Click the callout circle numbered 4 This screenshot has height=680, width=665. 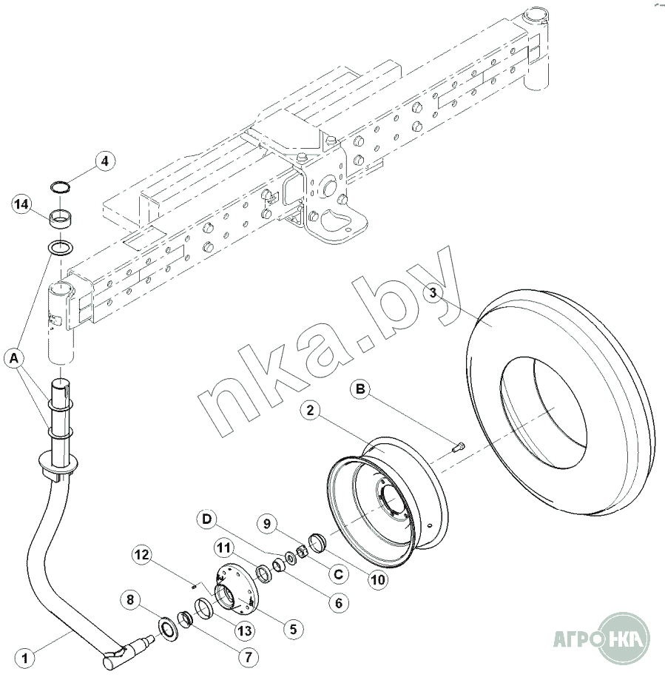point(104,162)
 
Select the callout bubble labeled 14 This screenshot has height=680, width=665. point(21,203)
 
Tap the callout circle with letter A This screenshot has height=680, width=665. point(14,358)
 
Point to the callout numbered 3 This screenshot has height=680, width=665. point(433,293)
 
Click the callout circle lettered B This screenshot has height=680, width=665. point(361,389)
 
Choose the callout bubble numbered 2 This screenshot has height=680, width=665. point(311,410)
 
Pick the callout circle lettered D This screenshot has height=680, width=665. point(207,519)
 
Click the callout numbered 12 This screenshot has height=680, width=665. point(143,555)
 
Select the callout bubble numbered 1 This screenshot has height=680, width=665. point(24,659)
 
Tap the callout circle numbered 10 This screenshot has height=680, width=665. point(378,579)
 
